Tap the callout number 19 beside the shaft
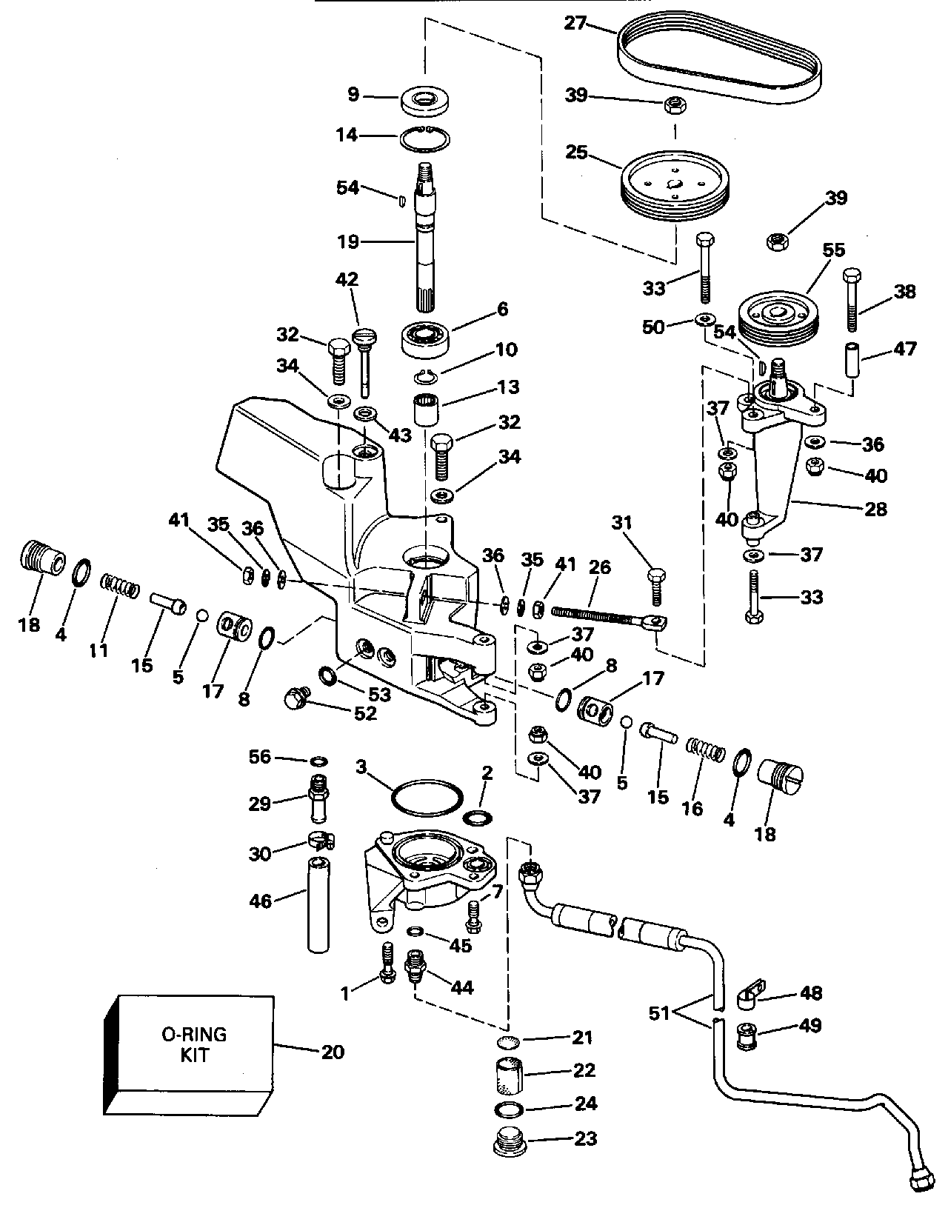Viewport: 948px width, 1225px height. [x=347, y=241]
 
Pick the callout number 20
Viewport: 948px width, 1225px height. [x=333, y=1051]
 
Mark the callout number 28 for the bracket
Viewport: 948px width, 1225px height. [x=875, y=510]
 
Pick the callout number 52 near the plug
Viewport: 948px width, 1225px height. [x=365, y=713]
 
